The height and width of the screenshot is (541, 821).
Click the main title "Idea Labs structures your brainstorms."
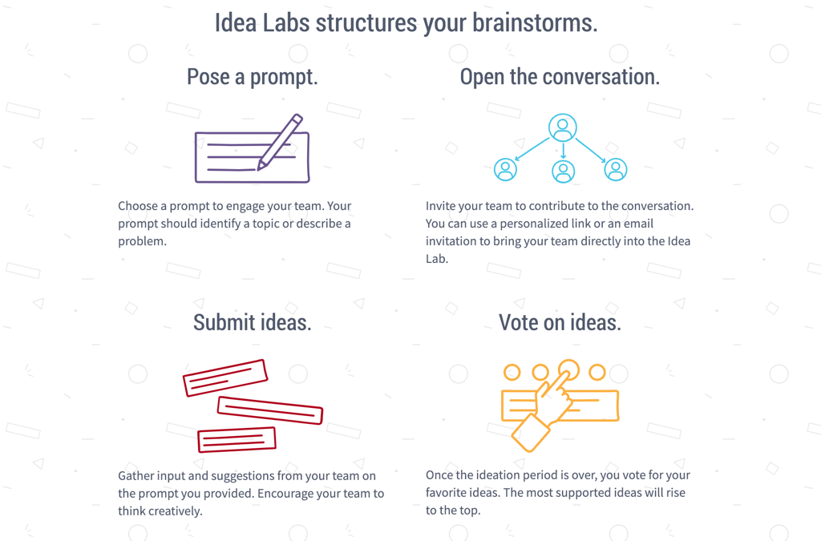(406, 23)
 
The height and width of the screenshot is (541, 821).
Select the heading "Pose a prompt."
(253, 77)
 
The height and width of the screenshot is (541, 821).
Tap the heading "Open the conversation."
(560, 76)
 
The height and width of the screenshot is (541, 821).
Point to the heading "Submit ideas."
(253, 322)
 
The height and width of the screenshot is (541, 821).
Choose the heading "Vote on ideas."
(560, 322)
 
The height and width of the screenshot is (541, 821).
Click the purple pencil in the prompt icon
(280, 142)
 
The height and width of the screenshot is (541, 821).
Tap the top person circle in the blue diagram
(563, 127)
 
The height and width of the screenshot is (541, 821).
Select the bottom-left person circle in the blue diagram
(505, 170)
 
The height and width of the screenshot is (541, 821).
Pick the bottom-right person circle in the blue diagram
(616, 170)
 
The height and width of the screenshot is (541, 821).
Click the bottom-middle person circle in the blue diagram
(564, 171)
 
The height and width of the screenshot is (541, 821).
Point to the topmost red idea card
(225, 377)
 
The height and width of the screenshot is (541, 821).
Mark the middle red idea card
(269, 410)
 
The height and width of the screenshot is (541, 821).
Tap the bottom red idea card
(237, 439)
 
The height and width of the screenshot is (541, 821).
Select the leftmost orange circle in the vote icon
(512, 372)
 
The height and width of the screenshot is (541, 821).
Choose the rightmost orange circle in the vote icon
(597, 372)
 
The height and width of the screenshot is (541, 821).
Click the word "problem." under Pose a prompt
(142, 241)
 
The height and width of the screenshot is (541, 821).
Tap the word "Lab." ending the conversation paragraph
(437, 258)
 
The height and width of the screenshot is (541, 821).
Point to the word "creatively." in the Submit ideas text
(160, 511)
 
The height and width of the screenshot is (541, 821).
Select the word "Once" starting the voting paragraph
(439, 475)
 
